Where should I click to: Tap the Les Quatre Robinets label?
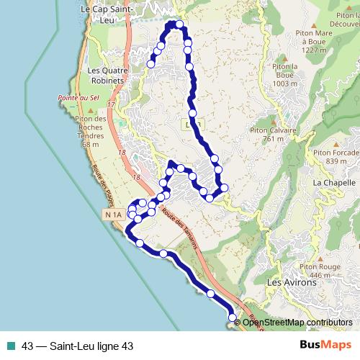107,75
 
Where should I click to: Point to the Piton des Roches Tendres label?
91,131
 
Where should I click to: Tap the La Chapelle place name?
331,183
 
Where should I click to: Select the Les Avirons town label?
292,283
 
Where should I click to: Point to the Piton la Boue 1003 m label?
284,74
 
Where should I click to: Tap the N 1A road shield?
112,215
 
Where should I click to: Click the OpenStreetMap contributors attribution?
297,323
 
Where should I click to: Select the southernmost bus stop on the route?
232,318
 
